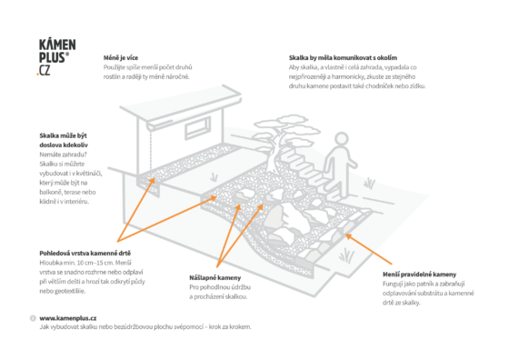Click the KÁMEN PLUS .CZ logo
coord(57,57)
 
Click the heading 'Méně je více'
coord(121,58)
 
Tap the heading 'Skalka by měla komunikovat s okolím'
coord(343,58)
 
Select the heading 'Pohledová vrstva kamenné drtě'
coord(85,254)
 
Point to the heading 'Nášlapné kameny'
coord(215,278)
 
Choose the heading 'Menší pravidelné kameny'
coord(419,275)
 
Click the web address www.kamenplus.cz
coord(68,318)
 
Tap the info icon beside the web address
coord(33,318)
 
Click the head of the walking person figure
coord(341,139)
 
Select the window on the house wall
coord(197,128)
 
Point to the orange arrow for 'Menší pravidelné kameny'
coord(368,249)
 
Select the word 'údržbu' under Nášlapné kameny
coord(241,287)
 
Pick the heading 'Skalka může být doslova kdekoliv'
coord(64,140)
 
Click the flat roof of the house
coord(182,104)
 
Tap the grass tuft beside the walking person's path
coord(369,183)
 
